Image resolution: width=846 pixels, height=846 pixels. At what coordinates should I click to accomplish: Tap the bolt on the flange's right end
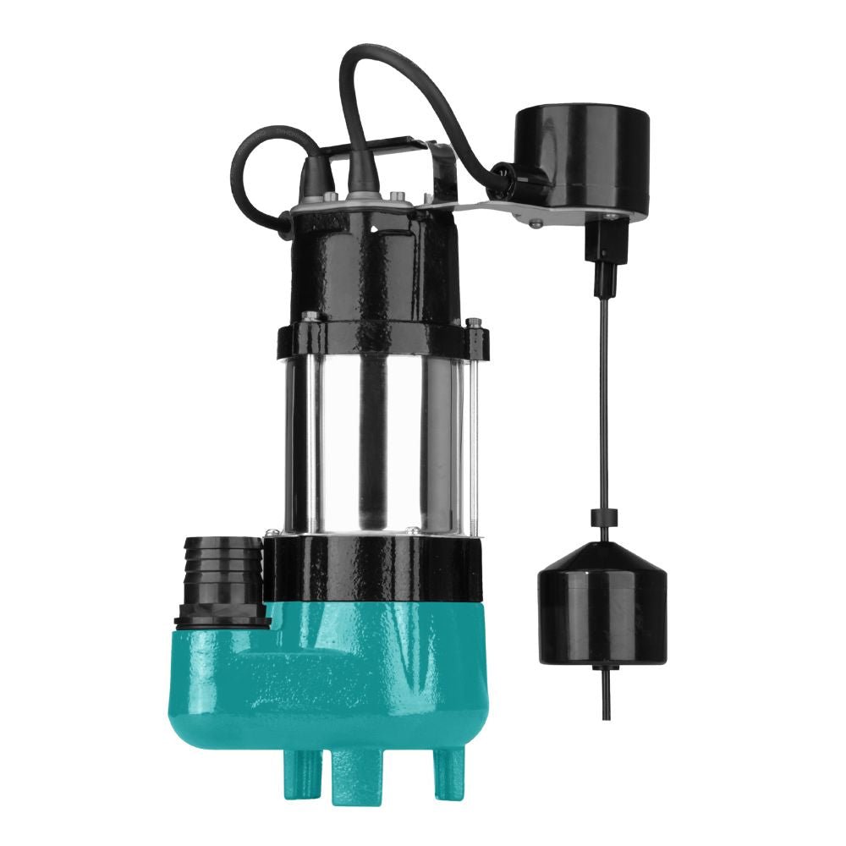click(475, 323)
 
